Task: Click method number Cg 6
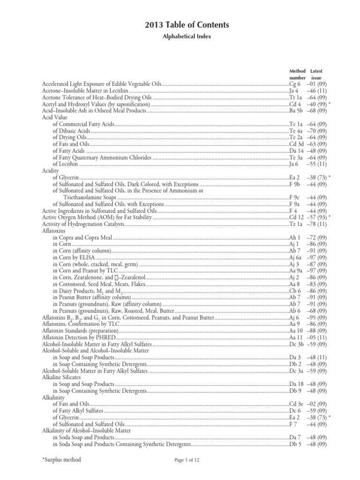[x=295, y=84]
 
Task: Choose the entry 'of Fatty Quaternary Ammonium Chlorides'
[x=102, y=157]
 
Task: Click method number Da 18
[x=296, y=384]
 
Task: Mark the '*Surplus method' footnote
[x=61, y=460]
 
